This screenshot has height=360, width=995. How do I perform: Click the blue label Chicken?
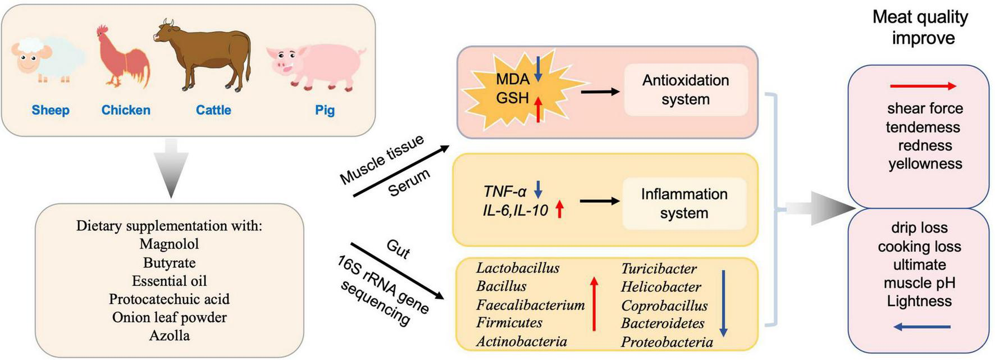click(x=126, y=110)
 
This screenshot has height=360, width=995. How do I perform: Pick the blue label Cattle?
click(x=213, y=110)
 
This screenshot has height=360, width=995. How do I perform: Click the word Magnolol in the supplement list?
click(x=169, y=244)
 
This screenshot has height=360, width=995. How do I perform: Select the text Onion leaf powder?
click(x=169, y=317)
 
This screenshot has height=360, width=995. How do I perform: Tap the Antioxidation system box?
click(x=686, y=90)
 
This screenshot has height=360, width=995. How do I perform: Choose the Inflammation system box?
click(x=684, y=203)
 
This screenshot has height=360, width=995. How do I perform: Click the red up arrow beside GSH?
click(x=538, y=109)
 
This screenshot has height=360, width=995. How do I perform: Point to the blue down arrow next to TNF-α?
click(x=538, y=190)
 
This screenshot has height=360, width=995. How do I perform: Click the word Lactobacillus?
click(x=518, y=268)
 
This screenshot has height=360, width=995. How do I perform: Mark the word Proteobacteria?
click(x=667, y=342)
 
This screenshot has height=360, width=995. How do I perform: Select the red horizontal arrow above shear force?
click(x=923, y=86)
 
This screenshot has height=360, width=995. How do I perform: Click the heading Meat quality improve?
click(x=920, y=27)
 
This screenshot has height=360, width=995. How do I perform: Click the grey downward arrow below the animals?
click(x=171, y=168)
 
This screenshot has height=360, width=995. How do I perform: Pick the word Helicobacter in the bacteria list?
click(x=661, y=287)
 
